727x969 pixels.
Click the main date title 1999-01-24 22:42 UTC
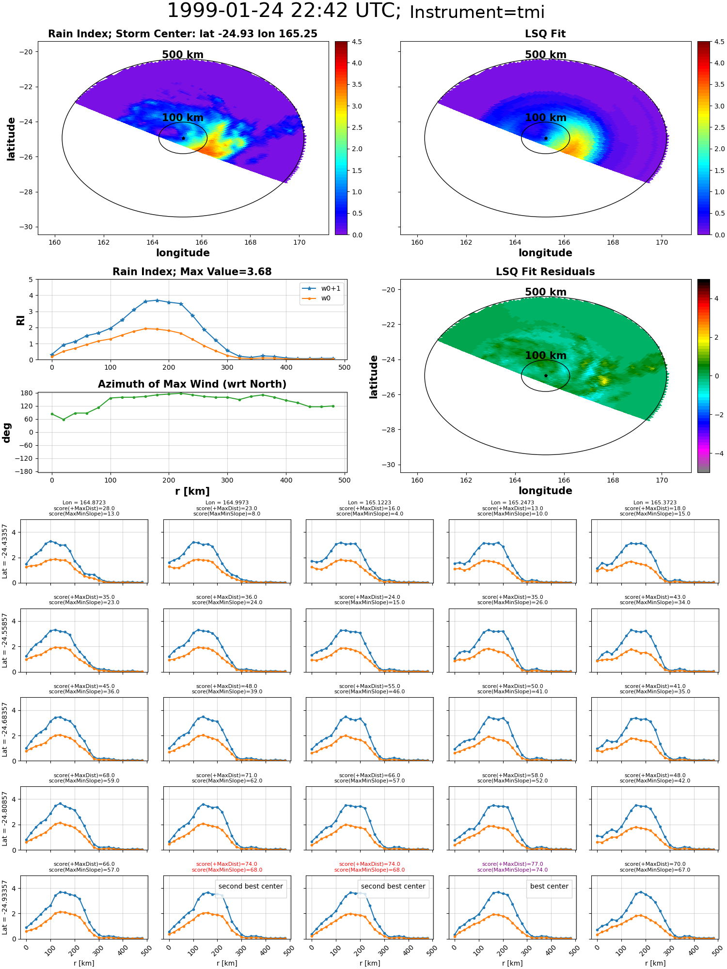click(284, 11)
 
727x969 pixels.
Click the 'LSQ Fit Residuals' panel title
click(545, 272)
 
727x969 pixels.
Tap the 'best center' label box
click(549, 886)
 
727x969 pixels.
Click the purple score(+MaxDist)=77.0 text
click(512, 864)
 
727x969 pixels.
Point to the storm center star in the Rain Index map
click(183, 139)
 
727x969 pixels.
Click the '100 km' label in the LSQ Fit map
click(546, 118)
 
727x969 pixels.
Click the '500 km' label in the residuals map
click(546, 292)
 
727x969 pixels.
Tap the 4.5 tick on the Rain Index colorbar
click(357, 42)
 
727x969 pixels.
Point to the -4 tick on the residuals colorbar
click(716, 453)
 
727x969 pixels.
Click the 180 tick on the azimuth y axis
click(28, 393)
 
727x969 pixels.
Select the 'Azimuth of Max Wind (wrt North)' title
click(192, 384)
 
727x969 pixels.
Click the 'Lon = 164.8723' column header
click(84, 503)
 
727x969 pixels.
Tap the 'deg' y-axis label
click(7, 433)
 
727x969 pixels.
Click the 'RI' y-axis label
click(20, 320)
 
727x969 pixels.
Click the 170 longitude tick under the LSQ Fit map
click(662, 242)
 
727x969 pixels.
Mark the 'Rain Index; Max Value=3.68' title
click(192, 272)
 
